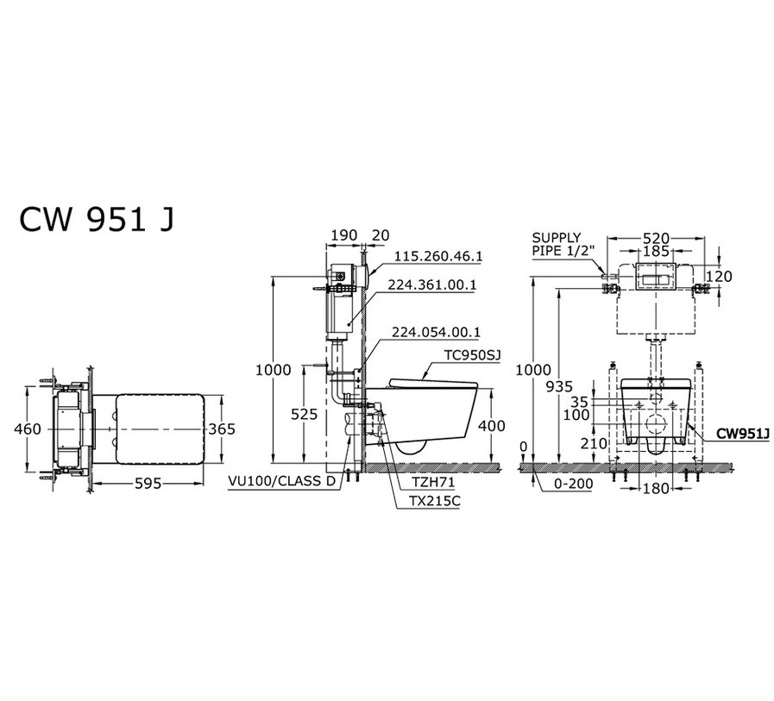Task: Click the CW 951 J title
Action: pos(97,220)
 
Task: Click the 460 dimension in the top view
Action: pos(28,429)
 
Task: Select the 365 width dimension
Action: pos(222,429)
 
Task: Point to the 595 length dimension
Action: pos(148,484)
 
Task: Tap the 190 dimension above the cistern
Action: pos(343,235)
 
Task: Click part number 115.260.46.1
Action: pos(438,257)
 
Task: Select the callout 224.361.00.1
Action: pos(431,285)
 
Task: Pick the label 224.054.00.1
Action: pos(436,332)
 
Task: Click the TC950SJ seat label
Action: pos(472,356)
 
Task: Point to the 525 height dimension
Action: pos(304,415)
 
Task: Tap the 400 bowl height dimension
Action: pos(492,425)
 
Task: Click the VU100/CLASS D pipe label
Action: pos(281,481)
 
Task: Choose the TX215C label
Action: pos(434,501)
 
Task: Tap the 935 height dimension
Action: pos(559,386)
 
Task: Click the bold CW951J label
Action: pos(743,434)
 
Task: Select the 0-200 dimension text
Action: pos(573,484)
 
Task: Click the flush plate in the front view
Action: pos(655,276)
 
